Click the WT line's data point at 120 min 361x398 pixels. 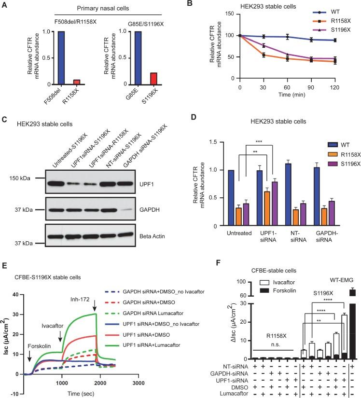[335, 40]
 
